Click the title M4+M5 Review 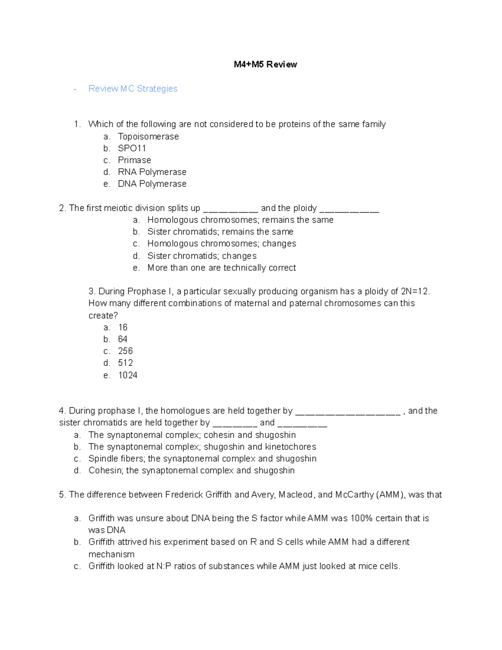click(265, 64)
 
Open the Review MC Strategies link click(133, 89)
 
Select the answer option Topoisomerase click(148, 136)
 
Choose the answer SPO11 click(132, 148)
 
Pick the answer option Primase click(134, 160)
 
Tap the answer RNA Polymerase click(152, 172)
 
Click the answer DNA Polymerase click(152, 184)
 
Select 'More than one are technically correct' click(221, 268)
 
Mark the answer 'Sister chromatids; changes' click(202, 256)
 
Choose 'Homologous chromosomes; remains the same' click(240, 220)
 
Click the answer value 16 click(123, 327)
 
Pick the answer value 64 click(123, 339)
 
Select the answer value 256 click(125, 351)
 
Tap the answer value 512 click(125, 363)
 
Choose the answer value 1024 click(128, 375)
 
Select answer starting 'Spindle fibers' click(202, 459)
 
